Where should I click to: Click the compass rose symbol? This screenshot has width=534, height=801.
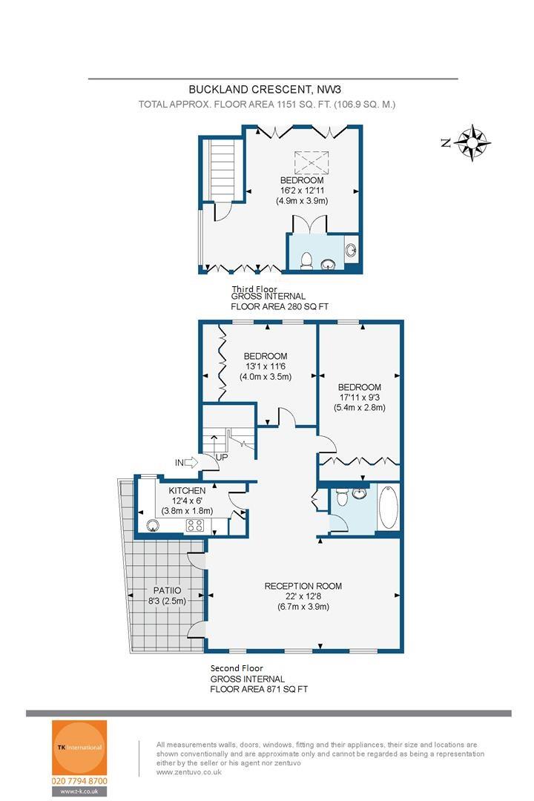[472, 142]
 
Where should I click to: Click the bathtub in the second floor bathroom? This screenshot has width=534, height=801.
[389, 507]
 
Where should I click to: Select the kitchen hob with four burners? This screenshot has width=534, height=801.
[195, 525]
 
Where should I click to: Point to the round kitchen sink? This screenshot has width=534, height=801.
[152, 526]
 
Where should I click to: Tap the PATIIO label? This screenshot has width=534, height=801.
[167, 590]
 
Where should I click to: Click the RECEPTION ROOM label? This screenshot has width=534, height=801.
[303, 586]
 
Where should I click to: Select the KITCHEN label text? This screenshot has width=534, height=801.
[187, 490]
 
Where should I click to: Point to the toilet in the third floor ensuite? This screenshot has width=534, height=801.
[306, 260]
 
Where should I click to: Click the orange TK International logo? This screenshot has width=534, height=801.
[79, 748]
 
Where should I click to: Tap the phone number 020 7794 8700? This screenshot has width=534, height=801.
[79, 781]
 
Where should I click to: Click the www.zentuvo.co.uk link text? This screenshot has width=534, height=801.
[189, 772]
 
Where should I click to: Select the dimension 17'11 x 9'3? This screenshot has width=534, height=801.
[359, 397]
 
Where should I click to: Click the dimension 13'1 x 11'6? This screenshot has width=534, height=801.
[266, 366]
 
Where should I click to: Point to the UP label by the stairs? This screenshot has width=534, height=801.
[222, 457]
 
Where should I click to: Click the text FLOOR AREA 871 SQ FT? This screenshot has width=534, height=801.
[259, 689]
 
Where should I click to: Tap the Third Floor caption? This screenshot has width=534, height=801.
[254, 289]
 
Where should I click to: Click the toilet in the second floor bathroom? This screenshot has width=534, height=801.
[342, 496]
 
